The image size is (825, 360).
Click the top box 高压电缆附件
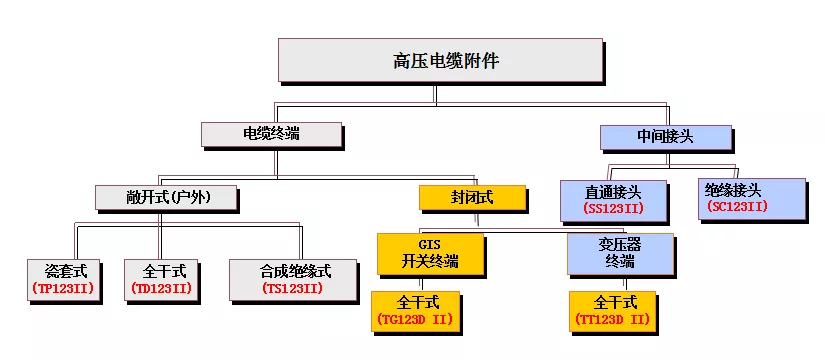[440, 61]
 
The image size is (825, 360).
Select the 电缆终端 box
[271, 135]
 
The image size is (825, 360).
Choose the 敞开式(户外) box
[168, 197]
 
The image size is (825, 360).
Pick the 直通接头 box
[614, 198]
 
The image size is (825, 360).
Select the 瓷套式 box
[67, 280]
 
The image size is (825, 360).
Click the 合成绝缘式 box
[292, 280]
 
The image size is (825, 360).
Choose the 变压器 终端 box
[619, 253]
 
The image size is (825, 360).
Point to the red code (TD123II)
[164, 290]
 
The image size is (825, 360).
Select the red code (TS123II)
[292, 290]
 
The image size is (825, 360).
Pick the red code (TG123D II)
[417, 320]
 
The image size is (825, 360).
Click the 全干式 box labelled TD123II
[165, 280]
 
